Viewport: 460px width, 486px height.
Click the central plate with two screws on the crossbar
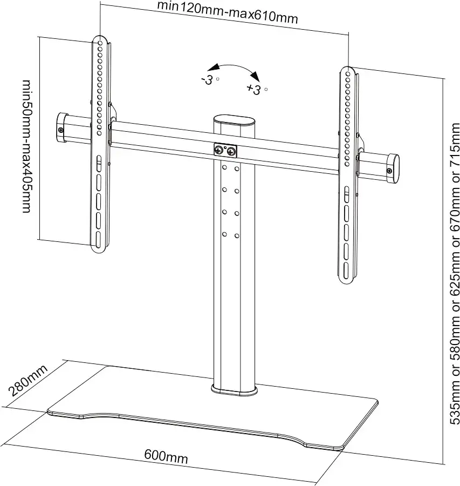(x=225, y=151)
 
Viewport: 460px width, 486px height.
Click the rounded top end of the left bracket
(x=99, y=41)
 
